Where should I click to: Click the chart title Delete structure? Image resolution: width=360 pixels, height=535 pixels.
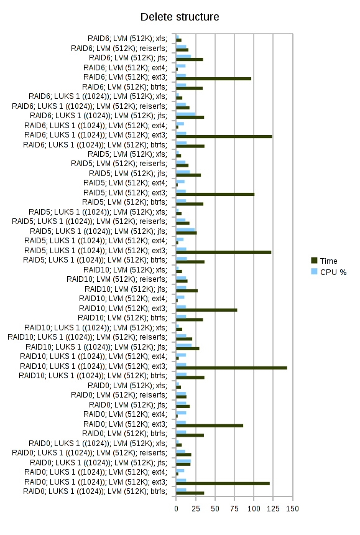point(180,17)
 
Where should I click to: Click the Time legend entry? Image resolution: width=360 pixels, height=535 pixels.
point(324,261)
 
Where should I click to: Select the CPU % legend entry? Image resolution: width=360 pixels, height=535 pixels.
point(329,272)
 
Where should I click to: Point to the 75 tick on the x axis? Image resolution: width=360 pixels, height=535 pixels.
point(234,509)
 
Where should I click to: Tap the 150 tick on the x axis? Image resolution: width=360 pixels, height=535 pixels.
point(292,509)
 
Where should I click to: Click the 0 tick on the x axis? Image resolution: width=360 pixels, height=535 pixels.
point(176,509)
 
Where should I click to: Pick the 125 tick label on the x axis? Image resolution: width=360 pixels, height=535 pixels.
point(273,509)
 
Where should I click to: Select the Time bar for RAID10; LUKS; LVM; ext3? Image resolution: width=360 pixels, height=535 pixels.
point(231,368)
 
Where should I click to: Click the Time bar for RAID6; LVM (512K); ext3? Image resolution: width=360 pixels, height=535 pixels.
point(213,78)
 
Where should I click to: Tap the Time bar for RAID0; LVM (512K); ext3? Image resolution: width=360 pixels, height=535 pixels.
point(210,426)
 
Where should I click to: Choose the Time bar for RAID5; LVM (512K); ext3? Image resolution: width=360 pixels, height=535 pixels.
point(215,194)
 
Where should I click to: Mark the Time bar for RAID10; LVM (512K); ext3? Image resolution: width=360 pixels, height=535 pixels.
point(206,310)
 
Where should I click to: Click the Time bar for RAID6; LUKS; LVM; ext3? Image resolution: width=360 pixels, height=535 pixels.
point(224,136)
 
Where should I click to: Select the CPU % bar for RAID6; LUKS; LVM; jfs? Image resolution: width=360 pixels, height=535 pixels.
point(185,114)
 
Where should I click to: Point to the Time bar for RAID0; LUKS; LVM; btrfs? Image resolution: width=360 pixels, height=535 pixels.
point(190,493)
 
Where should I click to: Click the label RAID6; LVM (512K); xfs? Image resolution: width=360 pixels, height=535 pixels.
point(127,39)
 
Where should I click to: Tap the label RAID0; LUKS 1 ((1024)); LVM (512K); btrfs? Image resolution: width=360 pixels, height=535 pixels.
point(95,491)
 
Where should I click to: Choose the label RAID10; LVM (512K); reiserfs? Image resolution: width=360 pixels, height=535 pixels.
point(117,279)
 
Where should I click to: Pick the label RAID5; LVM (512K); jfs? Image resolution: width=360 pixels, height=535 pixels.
point(128,174)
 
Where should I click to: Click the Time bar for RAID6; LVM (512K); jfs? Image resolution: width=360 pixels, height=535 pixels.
point(190,59)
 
